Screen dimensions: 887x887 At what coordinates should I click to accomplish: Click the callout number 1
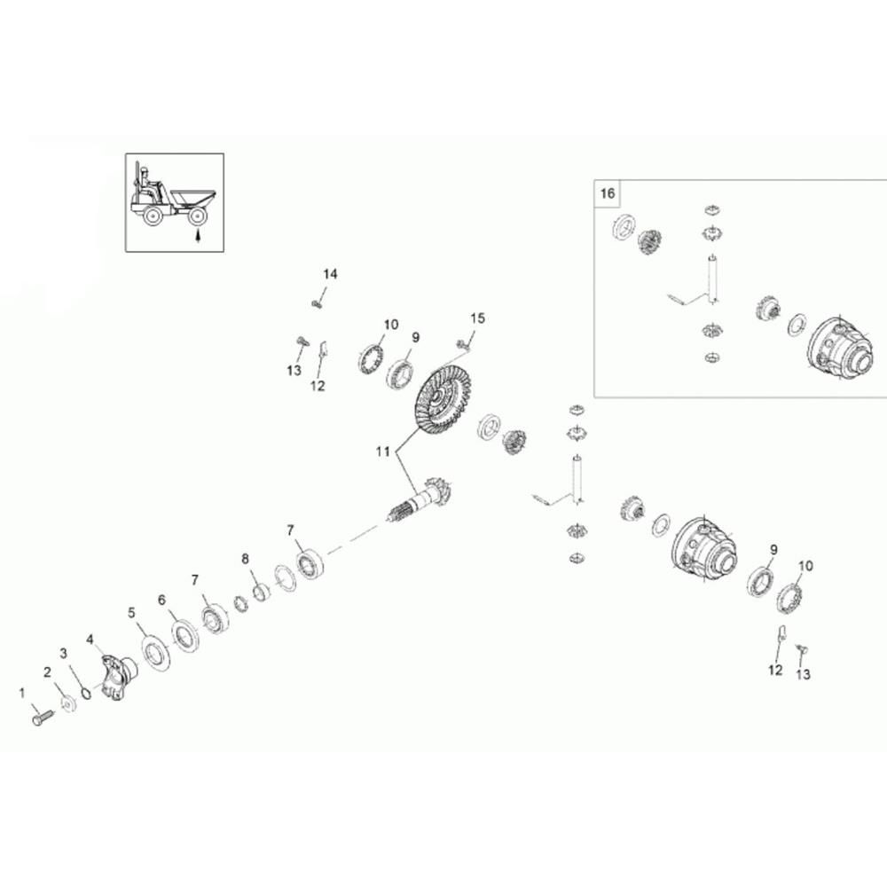22,693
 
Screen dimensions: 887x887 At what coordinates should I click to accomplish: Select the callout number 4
90,640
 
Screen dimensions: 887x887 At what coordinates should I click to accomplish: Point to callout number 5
131,613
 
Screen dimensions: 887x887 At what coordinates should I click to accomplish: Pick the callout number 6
161,600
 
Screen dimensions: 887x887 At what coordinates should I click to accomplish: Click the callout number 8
245,559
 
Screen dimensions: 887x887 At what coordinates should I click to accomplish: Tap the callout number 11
383,451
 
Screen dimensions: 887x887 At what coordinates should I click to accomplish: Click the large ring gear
443,399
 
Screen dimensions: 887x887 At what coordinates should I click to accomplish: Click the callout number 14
330,274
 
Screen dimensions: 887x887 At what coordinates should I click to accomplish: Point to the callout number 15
478,318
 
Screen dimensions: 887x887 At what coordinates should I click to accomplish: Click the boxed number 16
607,193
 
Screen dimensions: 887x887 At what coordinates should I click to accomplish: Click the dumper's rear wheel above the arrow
198,216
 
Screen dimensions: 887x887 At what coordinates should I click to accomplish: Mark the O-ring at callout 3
85,693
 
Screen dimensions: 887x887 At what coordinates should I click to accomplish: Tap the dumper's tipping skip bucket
193,199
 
